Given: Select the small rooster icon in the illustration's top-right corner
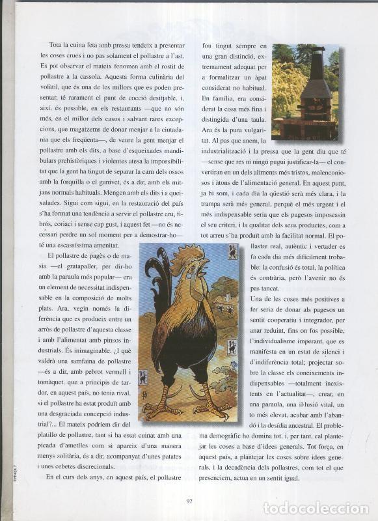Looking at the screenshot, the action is [x=232, y=252].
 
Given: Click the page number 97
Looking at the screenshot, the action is [x=189, y=501].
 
